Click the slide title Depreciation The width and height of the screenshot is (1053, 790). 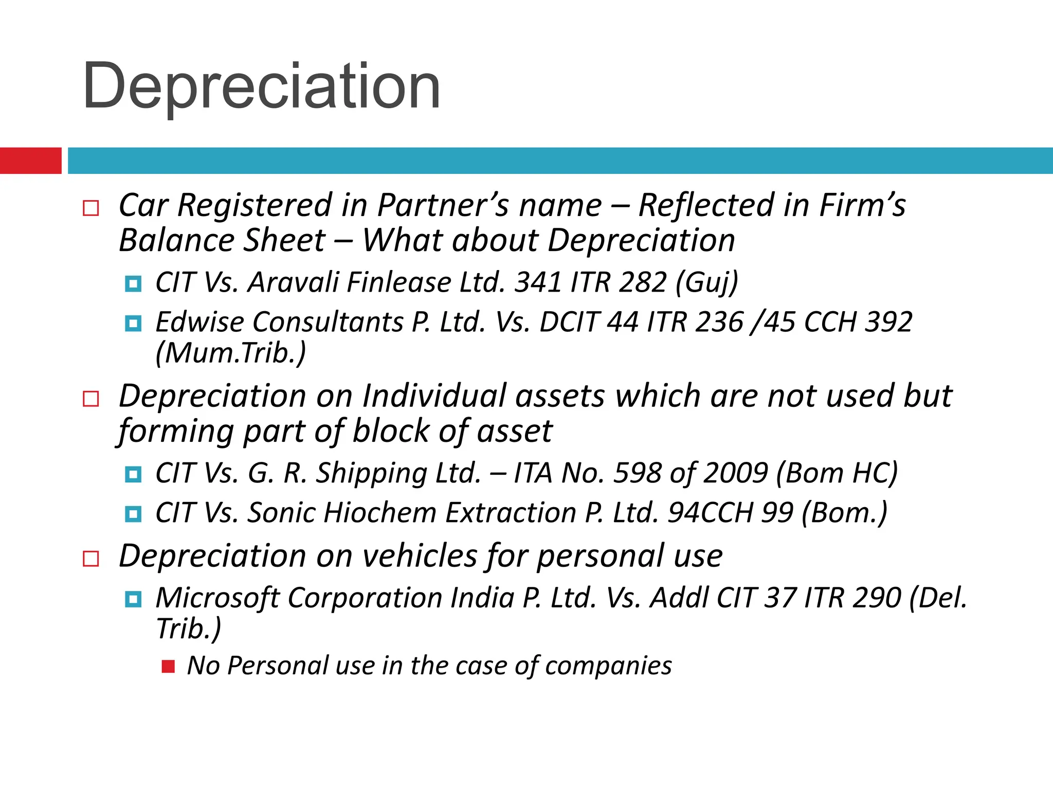261,86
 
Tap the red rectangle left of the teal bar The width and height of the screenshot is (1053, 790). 30,160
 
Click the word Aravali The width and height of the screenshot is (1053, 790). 293,282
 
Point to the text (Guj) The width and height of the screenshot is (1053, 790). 706,282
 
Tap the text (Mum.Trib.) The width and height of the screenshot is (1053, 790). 231,353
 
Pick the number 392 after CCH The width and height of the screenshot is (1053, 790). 888,322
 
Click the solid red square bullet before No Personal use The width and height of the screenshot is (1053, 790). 168,667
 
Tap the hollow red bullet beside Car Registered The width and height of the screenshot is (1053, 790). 91,208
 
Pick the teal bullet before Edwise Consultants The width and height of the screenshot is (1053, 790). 133,324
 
